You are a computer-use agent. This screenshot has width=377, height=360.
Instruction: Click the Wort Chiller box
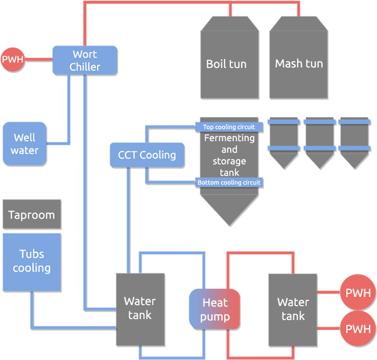point(85,61)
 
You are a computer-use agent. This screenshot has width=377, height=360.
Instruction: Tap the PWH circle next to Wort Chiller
point(13,60)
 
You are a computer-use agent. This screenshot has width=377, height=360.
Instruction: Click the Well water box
point(25,143)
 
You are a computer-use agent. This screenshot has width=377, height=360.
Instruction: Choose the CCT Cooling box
point(147,155)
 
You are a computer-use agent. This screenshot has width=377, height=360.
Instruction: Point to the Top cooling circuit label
point(229,127)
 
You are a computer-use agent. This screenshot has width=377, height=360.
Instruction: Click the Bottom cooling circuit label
point(229,183)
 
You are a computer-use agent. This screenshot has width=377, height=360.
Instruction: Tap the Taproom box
point(32,215)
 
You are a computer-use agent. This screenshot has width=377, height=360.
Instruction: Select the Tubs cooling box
point(32,261)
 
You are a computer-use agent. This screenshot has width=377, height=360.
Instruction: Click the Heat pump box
point(215,309)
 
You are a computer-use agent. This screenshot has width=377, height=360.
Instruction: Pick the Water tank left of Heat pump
point(140,308)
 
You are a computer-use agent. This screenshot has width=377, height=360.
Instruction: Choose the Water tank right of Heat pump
point(293,309)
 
